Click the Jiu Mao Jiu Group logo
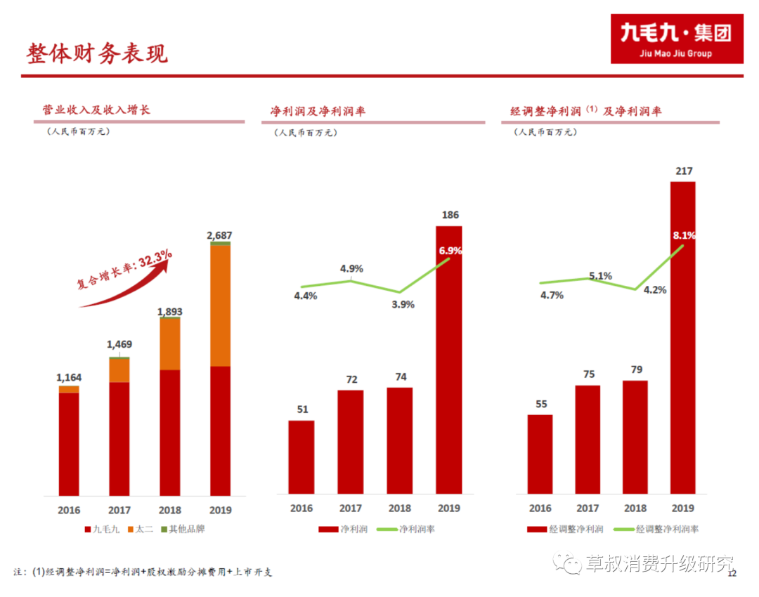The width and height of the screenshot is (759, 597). (677, 39)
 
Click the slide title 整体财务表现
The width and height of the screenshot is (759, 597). (97, 53)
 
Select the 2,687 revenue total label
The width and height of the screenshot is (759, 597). (219, 235)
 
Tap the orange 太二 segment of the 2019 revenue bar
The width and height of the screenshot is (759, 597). (220, 306)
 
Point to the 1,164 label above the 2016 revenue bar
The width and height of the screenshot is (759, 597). (69, 377)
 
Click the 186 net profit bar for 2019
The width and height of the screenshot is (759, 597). (448, 360)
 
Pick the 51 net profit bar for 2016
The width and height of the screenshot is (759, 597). (301, 457)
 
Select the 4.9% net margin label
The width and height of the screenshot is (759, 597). (351, 268)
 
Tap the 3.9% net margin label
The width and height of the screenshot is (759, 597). (403, 304)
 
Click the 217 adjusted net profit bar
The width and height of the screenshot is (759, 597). (683, 338)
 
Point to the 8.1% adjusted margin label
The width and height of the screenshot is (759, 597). (684, 235)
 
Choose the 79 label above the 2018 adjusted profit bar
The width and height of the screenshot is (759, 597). (637, 369)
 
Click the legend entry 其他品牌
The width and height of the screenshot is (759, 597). (183, 530)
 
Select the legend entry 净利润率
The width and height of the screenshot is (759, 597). (406, 530)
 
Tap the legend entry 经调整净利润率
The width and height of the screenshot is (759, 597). (656, 530)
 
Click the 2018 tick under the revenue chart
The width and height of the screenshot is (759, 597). (170, 510)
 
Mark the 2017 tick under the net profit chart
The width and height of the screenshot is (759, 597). (351, 508)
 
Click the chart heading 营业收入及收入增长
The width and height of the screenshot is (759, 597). (96, 110)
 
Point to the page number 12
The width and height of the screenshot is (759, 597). (732, 573)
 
